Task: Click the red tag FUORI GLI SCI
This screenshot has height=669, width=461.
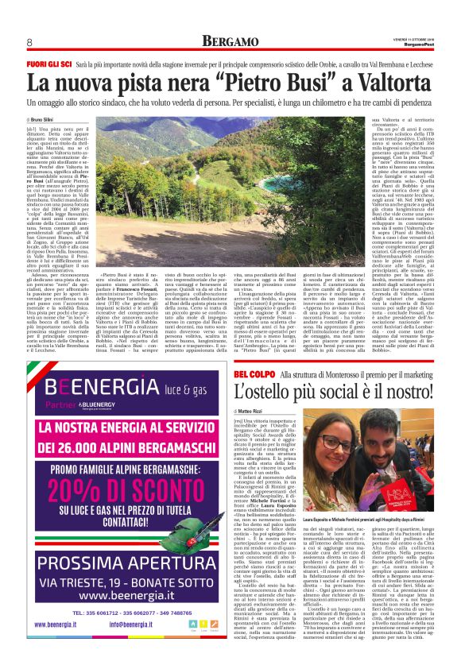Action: click(49, 62)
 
